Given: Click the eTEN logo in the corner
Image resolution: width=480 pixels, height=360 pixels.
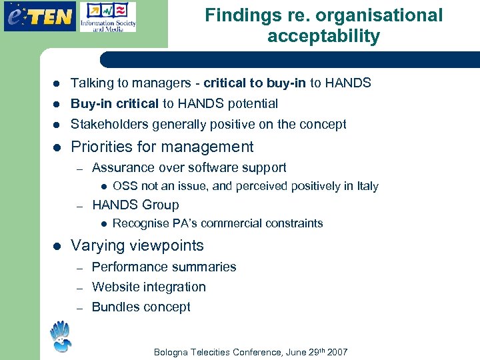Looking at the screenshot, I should [39, 16].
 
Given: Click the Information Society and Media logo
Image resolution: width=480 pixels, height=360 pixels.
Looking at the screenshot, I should [107, 17].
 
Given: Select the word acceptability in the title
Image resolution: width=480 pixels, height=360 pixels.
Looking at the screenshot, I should [323, 36].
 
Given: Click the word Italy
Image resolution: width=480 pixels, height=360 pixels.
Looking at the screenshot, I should [367, 186].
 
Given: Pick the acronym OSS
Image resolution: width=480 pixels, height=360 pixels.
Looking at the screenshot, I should [125, 186].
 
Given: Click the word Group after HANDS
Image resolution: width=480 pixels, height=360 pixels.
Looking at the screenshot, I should [160, 205].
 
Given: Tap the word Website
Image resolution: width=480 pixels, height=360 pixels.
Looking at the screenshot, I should [114, 287].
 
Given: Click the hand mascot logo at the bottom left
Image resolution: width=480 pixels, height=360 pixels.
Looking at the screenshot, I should [60, 337].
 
